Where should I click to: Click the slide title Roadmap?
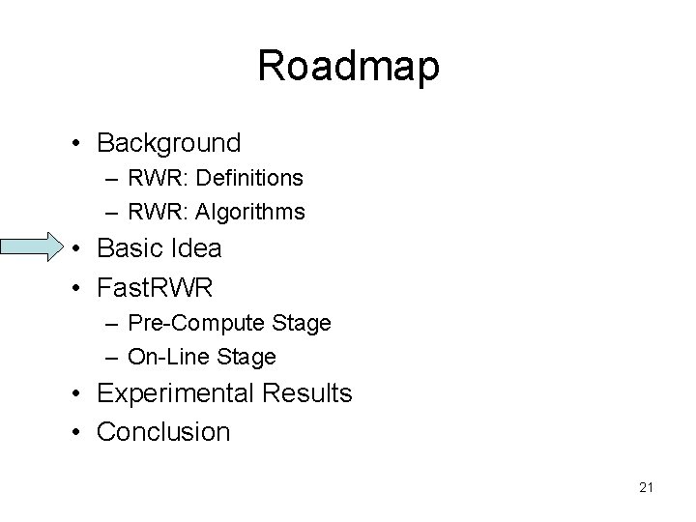click(x=348, y=67)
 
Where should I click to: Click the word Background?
click(x=169, y=143)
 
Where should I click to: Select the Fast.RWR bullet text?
click(x=155, y=286)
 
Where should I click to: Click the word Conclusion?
click(x=163, y=431)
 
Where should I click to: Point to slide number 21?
click(x=646, y=488)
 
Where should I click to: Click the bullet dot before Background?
click(x=75, y=145)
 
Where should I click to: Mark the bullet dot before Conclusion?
click(x=75, y=433)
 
